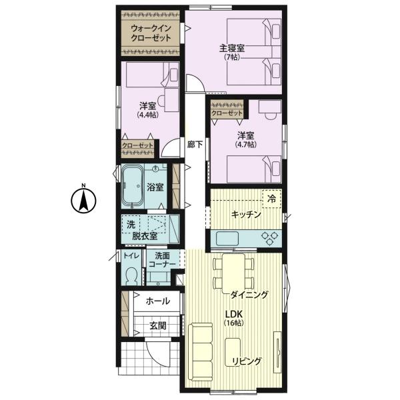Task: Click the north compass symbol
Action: coord(83,199)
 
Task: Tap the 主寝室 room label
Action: coord(232,48)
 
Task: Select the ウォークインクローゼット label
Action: coord(151,33)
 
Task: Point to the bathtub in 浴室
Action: coord(133,186)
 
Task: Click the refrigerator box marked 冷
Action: coord(272,199)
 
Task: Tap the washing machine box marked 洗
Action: coord(131,225)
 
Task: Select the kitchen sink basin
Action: coord(227,239)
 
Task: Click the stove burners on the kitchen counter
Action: coord(270,239)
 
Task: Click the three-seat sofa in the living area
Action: coord(200,351)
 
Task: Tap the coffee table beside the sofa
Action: coord(233,352)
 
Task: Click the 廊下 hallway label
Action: coord(195,145)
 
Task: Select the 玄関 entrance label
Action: coord(158,325)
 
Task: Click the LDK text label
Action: coord(233,314)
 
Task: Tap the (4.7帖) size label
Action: coord(245,145)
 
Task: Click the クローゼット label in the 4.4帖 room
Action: coord(137,145)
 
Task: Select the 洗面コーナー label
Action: coord(162,260)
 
